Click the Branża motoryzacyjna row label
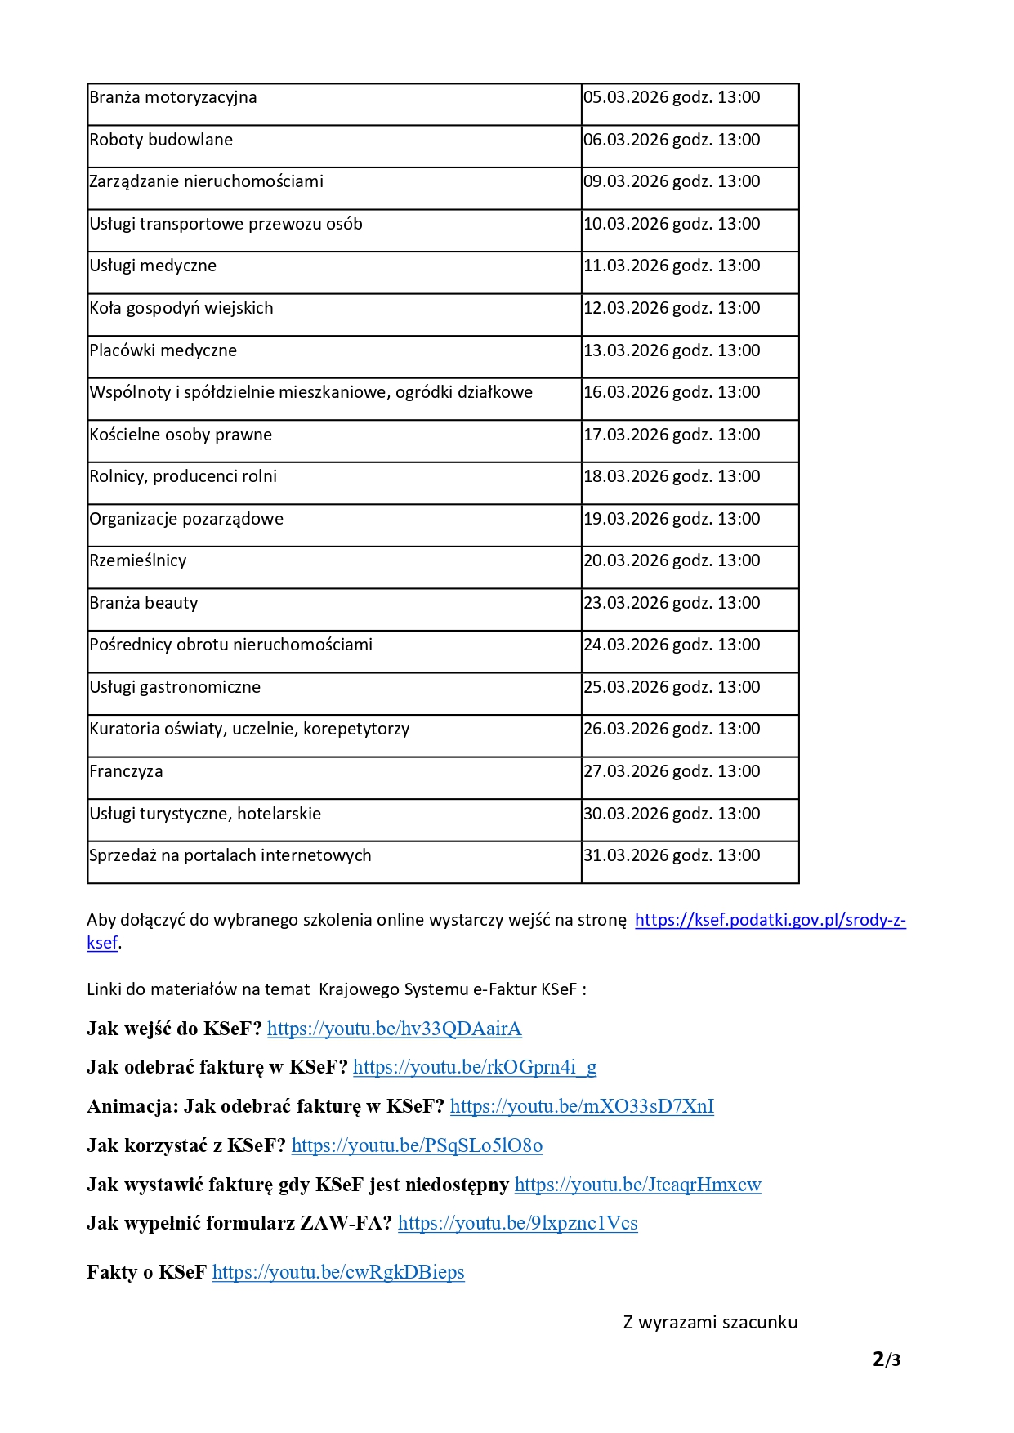pyautogui.click(x=173, y=98)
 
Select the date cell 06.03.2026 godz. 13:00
pyautogui.click(x=672, y=140)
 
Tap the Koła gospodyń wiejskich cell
pyautogui.click(x=181, y=308)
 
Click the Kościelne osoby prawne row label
pyautogui.click(x=181, y=435)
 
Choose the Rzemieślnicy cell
pyautogui.click(x=138, y=560)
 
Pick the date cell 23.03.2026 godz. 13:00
pyautogui.click(x=672, y=603)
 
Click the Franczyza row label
pyautogui.click(x=127, y=771)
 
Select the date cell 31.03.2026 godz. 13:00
pyautogui.click(x=672, y=855)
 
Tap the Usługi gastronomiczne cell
pyautogui.click(x=175, y=687)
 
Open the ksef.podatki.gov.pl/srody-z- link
pyautogui.click(x=770, y=920)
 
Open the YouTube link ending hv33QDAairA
pyautogui.click(x=394, y=1029)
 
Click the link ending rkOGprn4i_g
pyautogui.click(x=475, y=1067)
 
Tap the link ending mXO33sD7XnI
pyautogui.click(x=582, y=1106)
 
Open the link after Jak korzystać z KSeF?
pyautogui.click(x=417, y=1145)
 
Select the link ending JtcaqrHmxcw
pyautogui.click(x=637, y=1185)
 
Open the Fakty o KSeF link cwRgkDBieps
pyautogui.click(x=338, y=1272)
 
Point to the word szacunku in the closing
pyautogui.click(x=757, y=1322)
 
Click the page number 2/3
pyautogui.click(x=887, y=1359)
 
